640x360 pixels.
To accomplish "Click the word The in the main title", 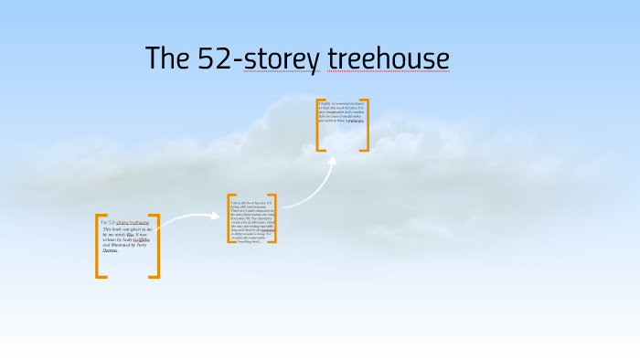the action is (168, 58).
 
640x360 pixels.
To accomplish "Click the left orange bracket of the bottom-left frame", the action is (99, 246).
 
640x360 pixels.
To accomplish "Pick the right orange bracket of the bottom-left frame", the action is (155, 246).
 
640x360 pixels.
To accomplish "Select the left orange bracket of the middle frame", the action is (230, 218).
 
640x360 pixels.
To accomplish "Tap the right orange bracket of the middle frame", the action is (272, 218).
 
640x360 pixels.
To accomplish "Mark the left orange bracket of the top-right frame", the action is (319, 125).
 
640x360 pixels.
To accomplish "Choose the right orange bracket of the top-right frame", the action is (366, 125).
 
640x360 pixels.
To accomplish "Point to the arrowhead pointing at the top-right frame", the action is (332, 162).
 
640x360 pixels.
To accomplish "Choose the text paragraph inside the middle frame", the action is (251, 220).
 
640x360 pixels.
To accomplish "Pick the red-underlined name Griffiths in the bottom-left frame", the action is (141, 238).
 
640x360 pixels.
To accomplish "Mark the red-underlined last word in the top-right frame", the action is (355, 120).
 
